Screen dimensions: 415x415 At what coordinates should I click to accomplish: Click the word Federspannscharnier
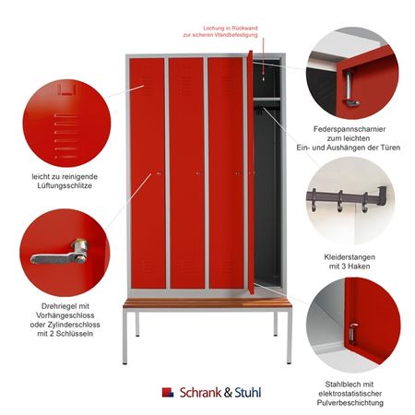pyautogui.click(x=350, y=129)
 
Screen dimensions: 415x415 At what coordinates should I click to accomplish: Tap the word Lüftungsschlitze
pyautogui.click(x=65, y=185)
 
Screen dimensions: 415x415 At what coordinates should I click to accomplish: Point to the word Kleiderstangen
pyautogui.click(x=350, y=257)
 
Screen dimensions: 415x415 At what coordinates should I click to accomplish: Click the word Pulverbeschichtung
pyautogui.click(x=350, y=403)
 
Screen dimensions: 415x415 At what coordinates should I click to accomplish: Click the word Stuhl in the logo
pyautogui.click(x=248, y=393)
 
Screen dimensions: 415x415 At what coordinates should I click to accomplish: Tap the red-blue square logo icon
pyautogui.click(x=168, y=392)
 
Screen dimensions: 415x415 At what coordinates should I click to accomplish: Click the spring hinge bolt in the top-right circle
pyautogui.click(x=350, y=89)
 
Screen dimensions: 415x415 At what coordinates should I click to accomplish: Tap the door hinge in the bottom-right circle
pyautogui.click(x=353, y=334)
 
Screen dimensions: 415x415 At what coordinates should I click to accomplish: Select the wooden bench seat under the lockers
pyautogui.click(x=207, y=302)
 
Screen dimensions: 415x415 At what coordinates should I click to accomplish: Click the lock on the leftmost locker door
pyautogui.click(x=159, y=173)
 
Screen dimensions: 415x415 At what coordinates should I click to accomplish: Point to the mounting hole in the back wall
pyautogui.click(x=264, y=78)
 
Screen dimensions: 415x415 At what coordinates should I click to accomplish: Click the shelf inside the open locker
pyautogui.click(x=267, y=100)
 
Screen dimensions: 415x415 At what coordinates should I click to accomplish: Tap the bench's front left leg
pyautogui.click(x=125, y=336)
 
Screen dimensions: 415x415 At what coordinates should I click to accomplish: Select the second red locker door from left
pyautogui.click(x=186, y=173)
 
